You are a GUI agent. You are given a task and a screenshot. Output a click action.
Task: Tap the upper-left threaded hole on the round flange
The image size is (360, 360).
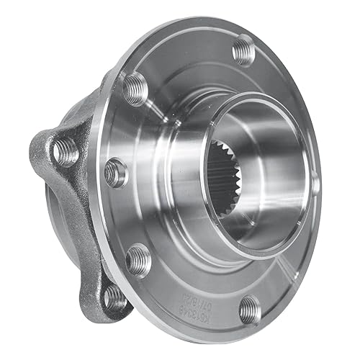(x=135, y=88)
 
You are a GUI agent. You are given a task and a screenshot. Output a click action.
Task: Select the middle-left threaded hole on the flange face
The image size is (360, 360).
(x=115, y=172)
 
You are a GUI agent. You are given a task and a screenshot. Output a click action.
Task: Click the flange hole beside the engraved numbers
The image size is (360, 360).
(x=249, y=308)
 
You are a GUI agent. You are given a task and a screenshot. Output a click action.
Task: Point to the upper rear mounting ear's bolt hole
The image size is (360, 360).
(x=66, y=150)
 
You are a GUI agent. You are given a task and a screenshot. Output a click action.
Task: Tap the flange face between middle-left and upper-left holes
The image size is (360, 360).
(x=120, y=130)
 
